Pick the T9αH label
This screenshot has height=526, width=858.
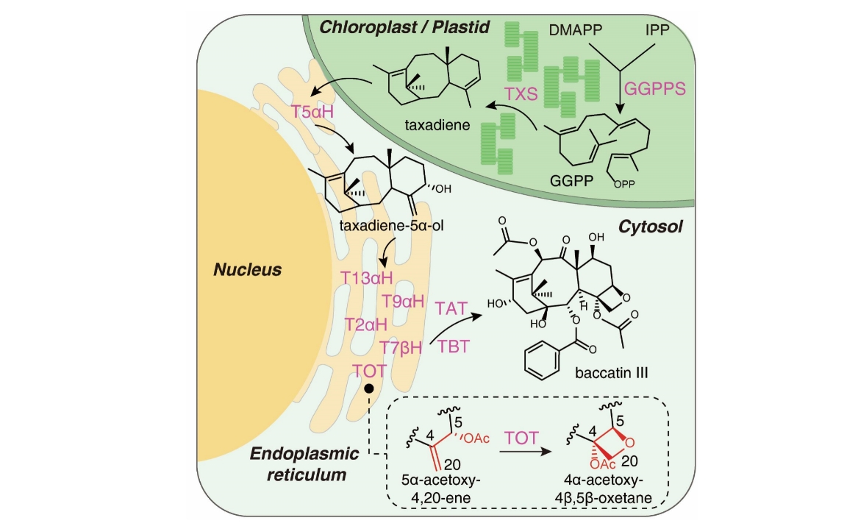403,300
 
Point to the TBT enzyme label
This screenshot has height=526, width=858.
453,346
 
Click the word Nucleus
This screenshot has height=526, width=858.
247,269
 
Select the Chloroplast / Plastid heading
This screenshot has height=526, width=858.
404,28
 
